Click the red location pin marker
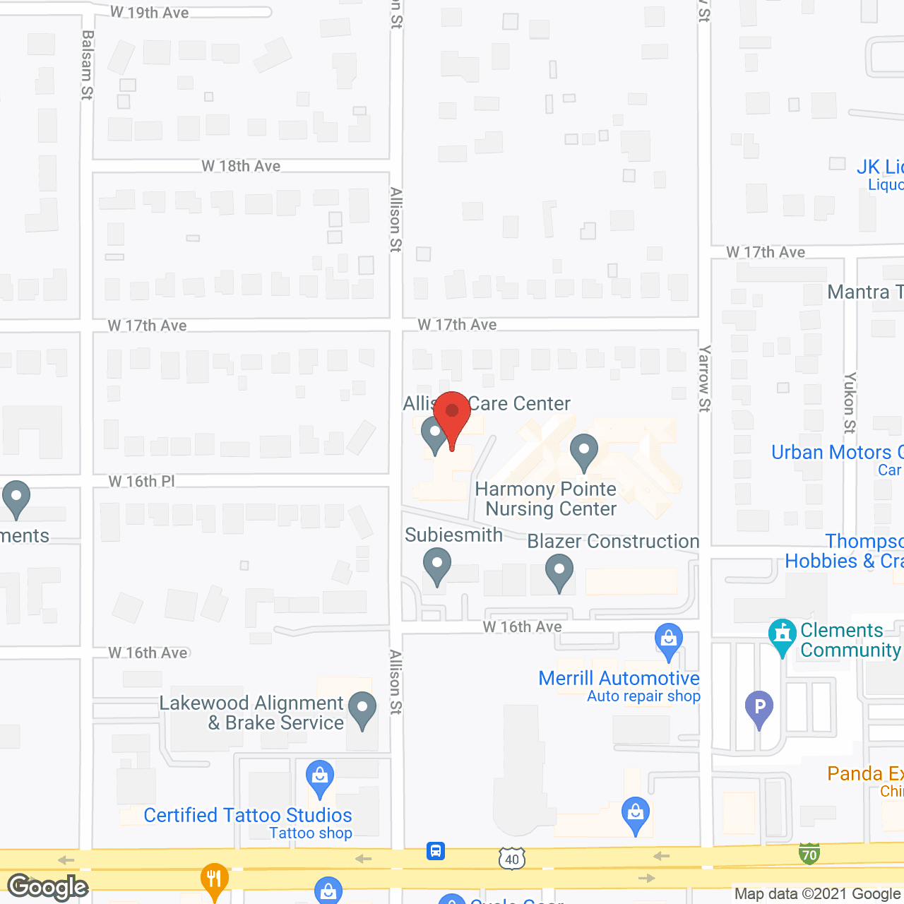452,417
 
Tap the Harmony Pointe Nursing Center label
546,499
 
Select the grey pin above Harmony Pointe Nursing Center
584,452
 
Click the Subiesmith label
453,535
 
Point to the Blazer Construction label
613,541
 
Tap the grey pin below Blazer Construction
559,572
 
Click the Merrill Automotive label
619,678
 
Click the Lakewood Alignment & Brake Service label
251,713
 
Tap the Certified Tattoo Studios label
247,815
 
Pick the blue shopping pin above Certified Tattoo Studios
320,778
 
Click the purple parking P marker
759,708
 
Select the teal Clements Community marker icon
782,636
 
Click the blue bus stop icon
436,850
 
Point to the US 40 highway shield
512,859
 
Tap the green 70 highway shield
809,854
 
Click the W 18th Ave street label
241,166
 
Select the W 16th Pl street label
141,481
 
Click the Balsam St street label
87,65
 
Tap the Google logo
48,887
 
